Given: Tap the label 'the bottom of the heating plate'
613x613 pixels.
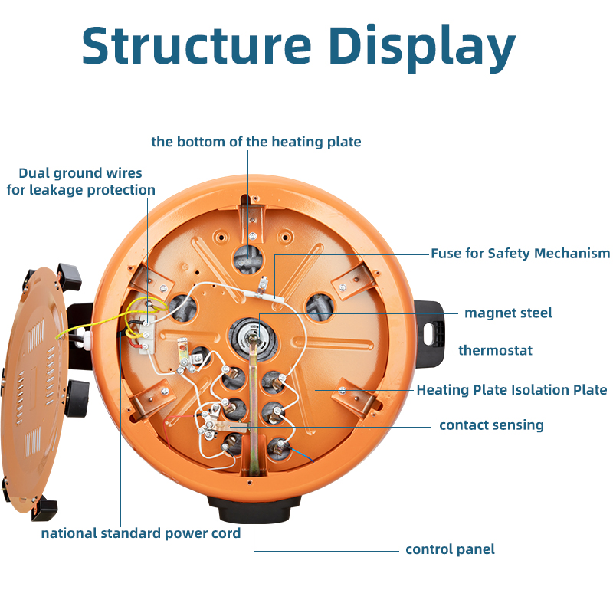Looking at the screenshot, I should click(256, 142).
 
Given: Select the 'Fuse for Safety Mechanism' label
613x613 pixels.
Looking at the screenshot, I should click(520, 254).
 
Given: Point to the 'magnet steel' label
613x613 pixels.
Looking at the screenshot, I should click(508, 313).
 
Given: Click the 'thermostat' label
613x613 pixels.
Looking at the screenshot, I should click(495, 350).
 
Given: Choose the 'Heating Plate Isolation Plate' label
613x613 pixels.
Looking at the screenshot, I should click(511, 390).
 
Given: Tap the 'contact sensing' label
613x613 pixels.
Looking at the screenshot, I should click(491, 425).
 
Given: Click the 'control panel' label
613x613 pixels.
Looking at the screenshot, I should click(450, 549).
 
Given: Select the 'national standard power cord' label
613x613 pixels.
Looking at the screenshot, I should click(141, 533).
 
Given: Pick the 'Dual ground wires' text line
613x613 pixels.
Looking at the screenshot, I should click(80, 173).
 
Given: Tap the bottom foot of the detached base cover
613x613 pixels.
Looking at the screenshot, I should click(44, 507).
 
